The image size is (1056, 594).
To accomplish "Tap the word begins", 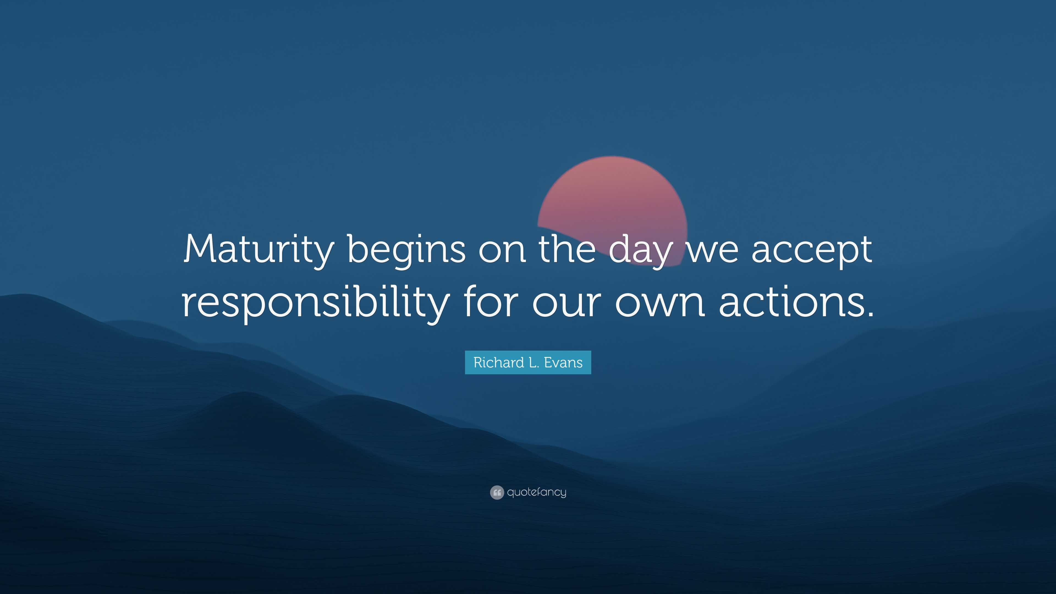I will coord(406,251).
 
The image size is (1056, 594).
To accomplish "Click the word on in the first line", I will coord(502,251).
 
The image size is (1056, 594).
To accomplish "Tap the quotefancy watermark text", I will coord(537,492).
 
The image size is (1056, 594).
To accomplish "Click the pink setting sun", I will coord(612,193).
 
